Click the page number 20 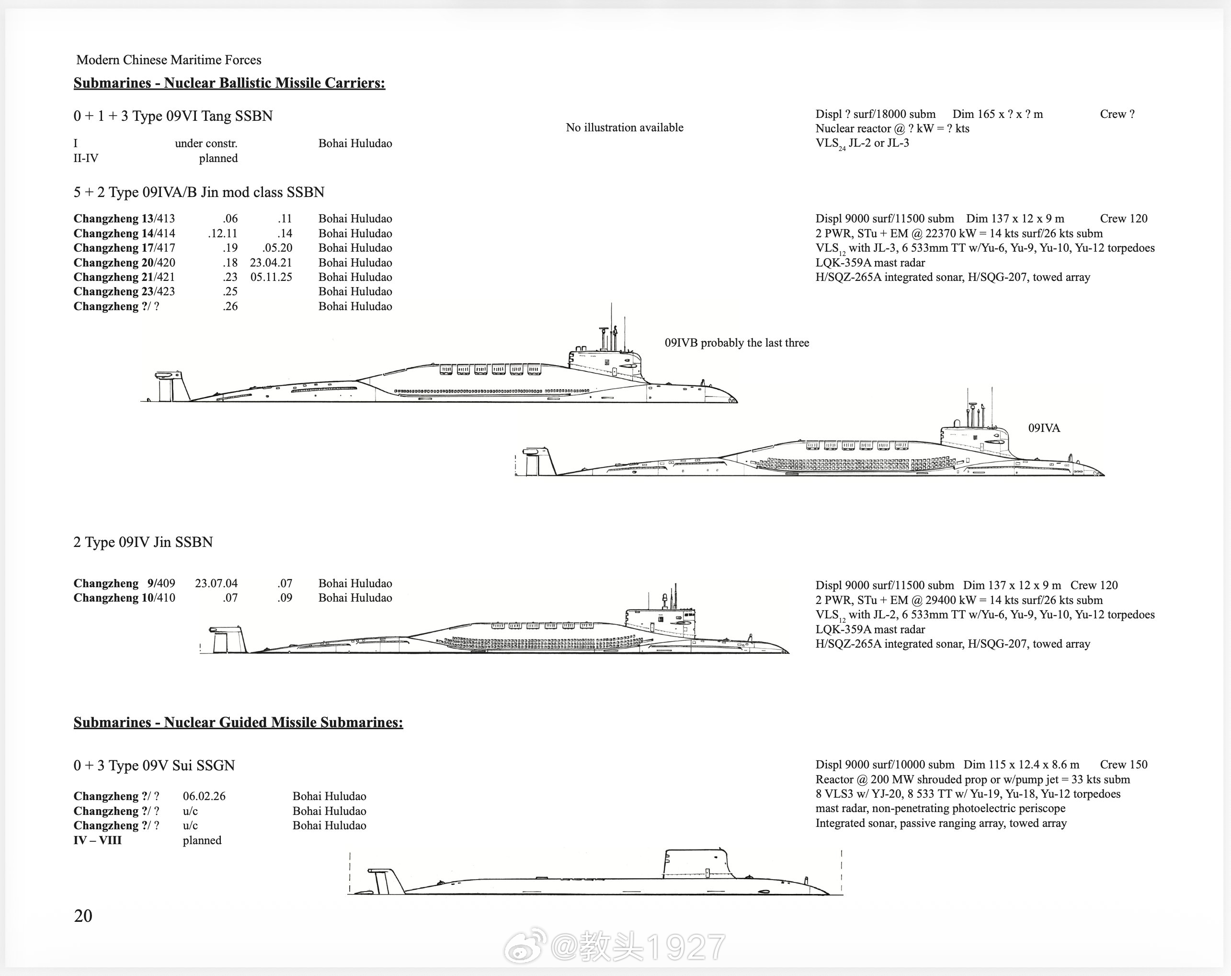coord(83,916)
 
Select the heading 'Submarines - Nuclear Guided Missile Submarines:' coord(238,722)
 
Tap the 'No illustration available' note coord(624,128)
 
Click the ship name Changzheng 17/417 coord(124,248)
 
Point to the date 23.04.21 coord(271,263)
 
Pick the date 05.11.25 coord(271,277)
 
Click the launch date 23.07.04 coord(216,583)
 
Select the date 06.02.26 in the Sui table coord(204,796)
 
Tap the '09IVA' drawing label coord(1044,428)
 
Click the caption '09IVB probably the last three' coord(737,343)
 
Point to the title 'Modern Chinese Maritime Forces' coord(169,60)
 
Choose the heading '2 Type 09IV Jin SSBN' coord(143,542)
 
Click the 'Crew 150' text coord(1123,765)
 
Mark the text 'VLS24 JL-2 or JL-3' coord(862,143)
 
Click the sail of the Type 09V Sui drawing coord(696,863)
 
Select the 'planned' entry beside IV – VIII coord(202,840)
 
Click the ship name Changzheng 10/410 coord(124,598)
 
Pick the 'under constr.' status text coord(205,143)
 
